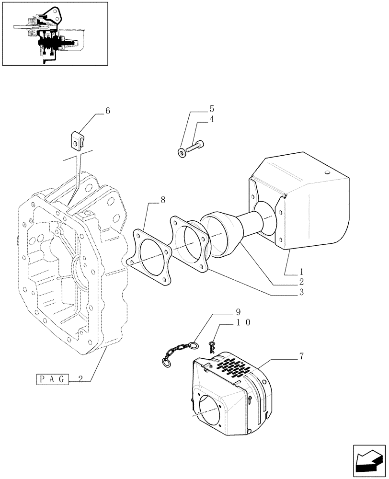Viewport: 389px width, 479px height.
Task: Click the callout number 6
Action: pos(107,111)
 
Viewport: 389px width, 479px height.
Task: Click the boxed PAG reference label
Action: pos(53,379)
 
